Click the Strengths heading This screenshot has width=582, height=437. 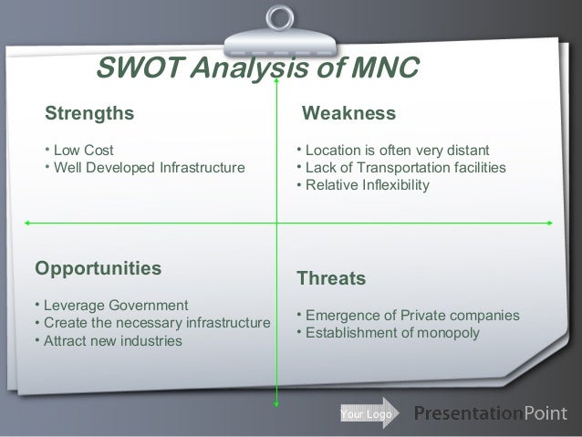(89, 113)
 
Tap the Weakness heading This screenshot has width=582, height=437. (349, 113)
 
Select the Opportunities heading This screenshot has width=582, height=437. (98, 268)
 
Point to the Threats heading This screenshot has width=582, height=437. (331, 277)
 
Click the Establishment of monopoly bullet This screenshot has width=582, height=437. (392, 333)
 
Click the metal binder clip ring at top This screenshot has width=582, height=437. (280, 16)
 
